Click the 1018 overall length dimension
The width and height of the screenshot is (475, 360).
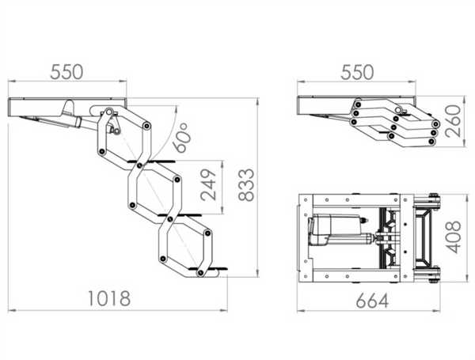(x=109, y=298)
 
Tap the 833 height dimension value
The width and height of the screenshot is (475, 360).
(x=245, y=185)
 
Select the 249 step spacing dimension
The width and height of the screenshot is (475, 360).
(x=209, y=185)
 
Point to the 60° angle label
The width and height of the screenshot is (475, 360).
(x=180, y=138)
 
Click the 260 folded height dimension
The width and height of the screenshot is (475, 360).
(x=453, y=121)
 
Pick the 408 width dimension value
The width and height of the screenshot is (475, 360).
(x=454, y=237)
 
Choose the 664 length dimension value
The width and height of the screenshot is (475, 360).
(x=372, y=301)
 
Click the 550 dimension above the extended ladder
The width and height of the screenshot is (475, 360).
(x=66, y=72)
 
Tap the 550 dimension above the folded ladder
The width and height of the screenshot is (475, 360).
(x=357, y=72)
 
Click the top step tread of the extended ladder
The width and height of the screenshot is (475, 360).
(x=151, y=161)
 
